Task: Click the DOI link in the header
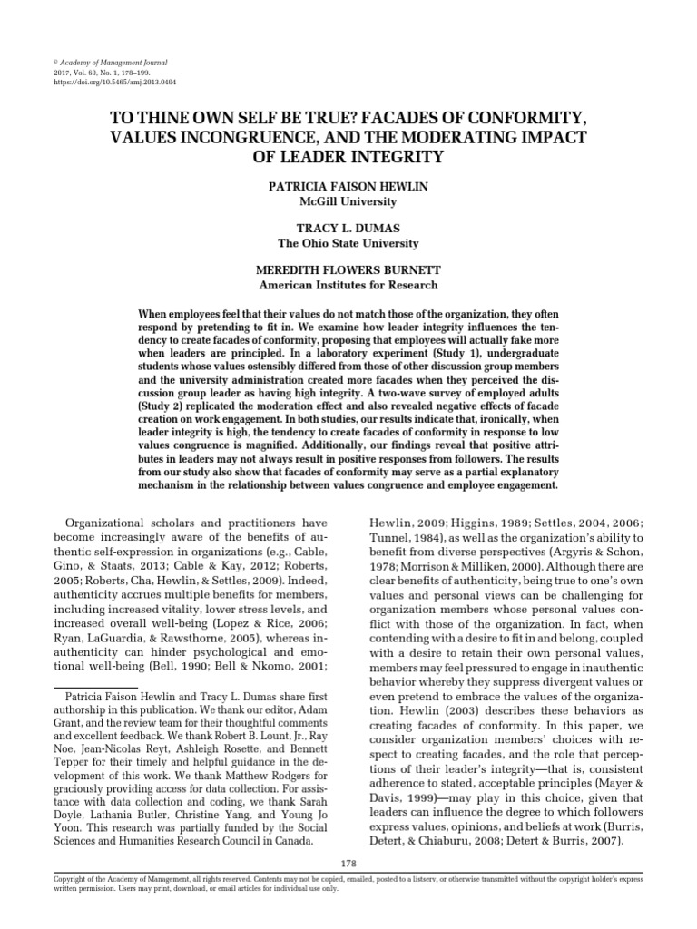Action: coord(115,82)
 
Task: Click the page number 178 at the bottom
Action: coord(348,862)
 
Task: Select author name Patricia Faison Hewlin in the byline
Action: coord(348,185)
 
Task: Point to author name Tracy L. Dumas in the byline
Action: coord(348,229)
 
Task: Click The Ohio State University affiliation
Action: coord(348,243)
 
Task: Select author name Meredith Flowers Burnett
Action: coord(348,271)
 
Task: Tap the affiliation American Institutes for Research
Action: coord(348,286)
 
